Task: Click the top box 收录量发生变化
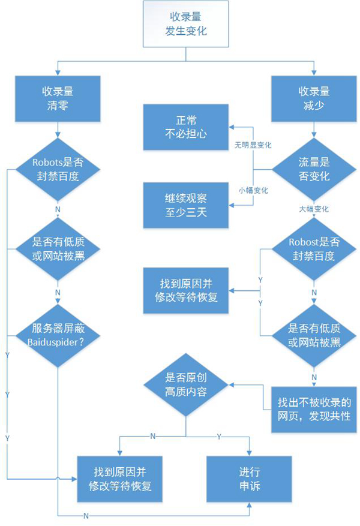pos(186,25)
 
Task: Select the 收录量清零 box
pos(58,97)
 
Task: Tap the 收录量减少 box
pos(314,97)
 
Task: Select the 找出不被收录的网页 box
pos(314,408)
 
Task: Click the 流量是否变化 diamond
pos(314,170)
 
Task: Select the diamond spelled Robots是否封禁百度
pos(58,170)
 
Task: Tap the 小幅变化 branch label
pos(253,190)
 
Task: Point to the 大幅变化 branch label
pos(314,209)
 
